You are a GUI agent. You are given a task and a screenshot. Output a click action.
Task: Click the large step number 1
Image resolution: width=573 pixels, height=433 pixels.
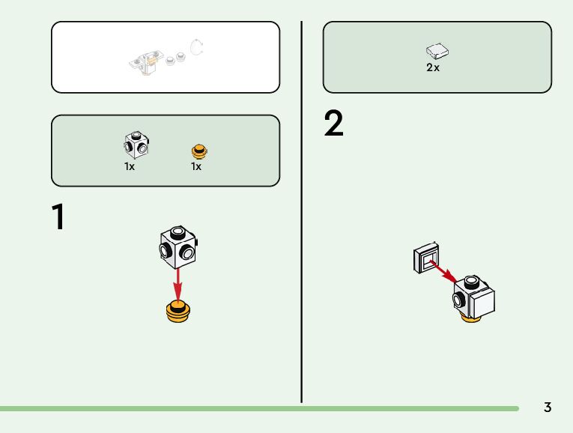[58, 217]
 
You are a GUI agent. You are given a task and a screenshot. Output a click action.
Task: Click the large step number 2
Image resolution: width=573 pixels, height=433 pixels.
[333, 124]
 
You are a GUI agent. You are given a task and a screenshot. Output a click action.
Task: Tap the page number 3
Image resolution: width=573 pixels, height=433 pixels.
[548, 408]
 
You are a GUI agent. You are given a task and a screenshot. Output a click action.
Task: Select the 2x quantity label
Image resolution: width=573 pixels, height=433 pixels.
[433, 67]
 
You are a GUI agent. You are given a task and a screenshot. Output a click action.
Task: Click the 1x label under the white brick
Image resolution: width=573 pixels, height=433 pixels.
[130, 166]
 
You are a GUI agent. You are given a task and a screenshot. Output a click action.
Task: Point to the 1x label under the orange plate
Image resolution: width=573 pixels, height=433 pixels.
[196, 166]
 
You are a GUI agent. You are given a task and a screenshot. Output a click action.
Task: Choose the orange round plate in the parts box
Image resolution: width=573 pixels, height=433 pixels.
[198, 151]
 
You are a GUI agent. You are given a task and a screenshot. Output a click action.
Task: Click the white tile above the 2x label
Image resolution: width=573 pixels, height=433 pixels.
[437, 51]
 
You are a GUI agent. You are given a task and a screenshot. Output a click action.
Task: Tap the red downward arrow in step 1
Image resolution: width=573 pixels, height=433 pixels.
[178, 282]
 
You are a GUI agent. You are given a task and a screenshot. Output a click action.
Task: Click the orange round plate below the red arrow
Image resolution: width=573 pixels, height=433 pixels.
[178, 310]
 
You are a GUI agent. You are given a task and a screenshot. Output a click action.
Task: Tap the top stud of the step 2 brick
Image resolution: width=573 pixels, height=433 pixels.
[470, 282]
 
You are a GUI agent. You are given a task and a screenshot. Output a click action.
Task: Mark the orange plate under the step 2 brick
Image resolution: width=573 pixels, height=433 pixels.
[471, 319]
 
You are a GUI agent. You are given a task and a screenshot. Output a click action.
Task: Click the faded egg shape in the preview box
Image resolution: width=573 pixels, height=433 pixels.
[198, 49]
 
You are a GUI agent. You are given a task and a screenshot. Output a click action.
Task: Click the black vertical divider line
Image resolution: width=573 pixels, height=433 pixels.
[302, 210]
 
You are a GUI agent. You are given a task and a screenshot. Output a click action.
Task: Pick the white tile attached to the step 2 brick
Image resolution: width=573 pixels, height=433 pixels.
[481, 302]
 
